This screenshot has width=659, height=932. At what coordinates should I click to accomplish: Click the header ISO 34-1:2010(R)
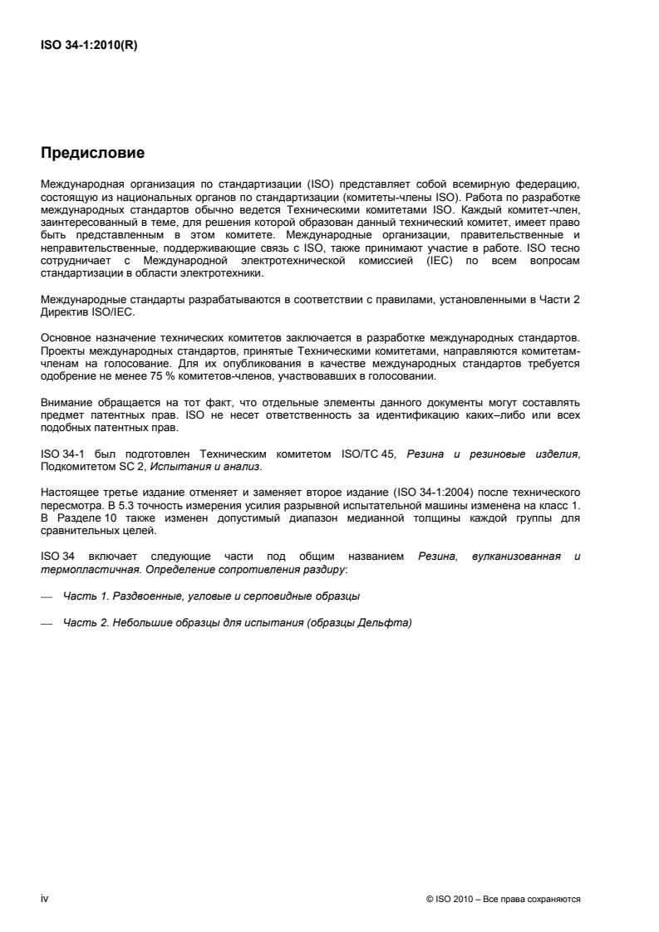pos(89,47)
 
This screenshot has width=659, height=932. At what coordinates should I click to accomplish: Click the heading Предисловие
pos(93,153)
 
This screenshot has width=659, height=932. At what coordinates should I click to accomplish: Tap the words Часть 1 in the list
pos(82,596)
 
